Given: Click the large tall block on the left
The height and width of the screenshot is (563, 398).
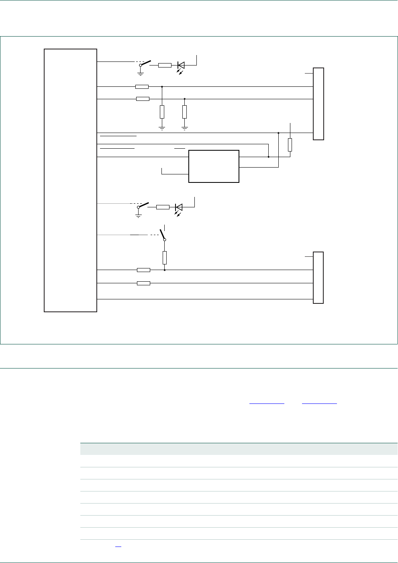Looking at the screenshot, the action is tap(70, 180).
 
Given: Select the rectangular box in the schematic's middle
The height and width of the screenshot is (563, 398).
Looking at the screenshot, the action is tap(214, 166).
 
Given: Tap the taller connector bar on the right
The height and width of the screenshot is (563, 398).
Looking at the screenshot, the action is tap(318, 104).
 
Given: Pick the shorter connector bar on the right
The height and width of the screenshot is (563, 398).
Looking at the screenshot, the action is tap(318, 277).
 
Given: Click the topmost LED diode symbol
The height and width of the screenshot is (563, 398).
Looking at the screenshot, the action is tap(181, 65).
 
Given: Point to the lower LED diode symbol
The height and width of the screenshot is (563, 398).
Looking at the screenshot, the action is tap(179, 207).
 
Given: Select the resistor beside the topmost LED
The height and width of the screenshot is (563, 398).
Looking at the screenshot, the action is tap(165, 65).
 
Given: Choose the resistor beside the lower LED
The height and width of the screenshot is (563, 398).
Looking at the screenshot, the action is tap(163, 207).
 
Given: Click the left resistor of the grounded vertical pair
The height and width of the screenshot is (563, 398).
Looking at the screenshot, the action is tap(162, 112).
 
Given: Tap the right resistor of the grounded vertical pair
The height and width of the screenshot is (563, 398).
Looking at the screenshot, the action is tap(184, 112).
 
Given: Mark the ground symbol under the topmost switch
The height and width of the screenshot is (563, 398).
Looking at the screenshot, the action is tap(141, 73).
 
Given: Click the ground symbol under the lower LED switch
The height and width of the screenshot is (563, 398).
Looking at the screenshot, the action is tap(139, 215).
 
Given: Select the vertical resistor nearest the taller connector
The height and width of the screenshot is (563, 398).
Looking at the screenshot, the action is tap(290, 145).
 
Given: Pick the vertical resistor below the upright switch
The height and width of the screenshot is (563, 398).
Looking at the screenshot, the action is tap(165, 258).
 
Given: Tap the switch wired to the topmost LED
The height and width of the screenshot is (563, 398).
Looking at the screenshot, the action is tap(145, 63).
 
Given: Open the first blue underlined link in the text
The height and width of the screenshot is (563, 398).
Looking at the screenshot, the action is tap(267, 403).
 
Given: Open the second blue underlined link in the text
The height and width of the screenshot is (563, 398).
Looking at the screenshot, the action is tap(319, 403).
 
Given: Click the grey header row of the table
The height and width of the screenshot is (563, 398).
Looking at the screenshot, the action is tap(239, 448).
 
